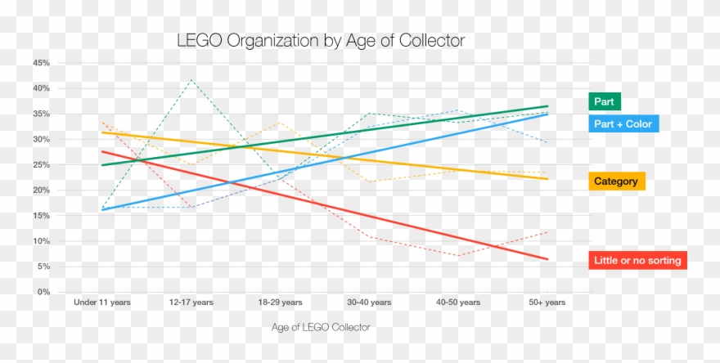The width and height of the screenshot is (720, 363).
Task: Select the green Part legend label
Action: point(605,102)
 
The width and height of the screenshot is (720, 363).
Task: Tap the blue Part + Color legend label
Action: point(623,124)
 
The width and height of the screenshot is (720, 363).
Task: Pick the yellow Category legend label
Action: point(617,181)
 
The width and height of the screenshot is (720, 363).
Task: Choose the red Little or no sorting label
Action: point(637,261)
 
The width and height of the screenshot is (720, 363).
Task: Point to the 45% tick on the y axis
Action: point(42,63)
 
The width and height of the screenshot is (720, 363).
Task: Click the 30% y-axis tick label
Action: point(42,140)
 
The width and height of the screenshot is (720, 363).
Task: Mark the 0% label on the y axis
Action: point(44,293)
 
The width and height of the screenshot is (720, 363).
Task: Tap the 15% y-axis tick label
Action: point(42,216)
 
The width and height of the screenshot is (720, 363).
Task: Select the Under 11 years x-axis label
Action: point(102,302)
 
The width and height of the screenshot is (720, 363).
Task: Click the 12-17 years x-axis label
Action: point(191,302)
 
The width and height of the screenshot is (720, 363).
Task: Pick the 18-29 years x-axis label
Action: point(280,302)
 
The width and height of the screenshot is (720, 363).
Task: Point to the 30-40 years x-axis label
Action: point(369,302)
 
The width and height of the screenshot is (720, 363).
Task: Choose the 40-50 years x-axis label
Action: point(458,302)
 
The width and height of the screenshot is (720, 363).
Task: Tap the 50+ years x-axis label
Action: point(547,302)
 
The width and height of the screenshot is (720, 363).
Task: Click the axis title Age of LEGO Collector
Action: point(321,327)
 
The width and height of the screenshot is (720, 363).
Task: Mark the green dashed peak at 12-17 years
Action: point(191,79)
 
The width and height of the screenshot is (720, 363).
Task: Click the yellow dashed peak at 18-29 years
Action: point(280,123)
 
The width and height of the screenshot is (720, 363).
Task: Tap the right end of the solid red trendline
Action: point(547,259)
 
